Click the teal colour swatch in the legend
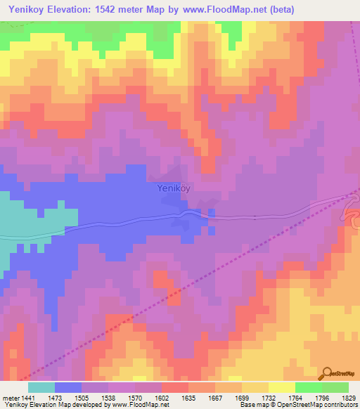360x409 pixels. pos(41,387)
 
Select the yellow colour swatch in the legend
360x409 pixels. pos(282,387)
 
